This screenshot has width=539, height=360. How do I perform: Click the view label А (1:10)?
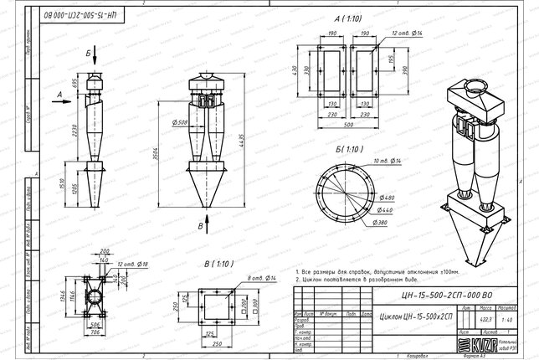[x=348, y=17]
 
